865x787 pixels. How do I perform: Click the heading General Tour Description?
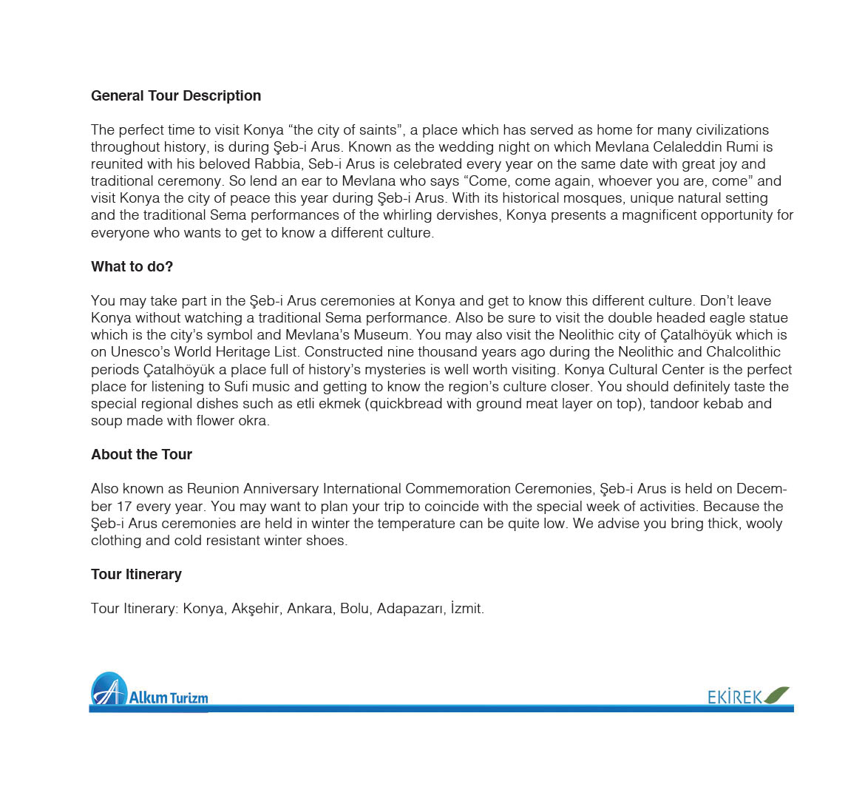click(176, 96)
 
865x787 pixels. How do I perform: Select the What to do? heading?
click(132, 267)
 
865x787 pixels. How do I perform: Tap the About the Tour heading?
click(141, 455)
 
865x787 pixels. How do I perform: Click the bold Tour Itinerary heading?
click(136, 575)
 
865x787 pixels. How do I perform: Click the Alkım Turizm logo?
click(149, 692)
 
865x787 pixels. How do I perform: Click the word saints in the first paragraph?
click(378, 130)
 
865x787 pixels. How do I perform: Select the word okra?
click(251, 421)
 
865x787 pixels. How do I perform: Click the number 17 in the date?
click(125, 507)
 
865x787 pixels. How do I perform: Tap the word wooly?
click(764, 524)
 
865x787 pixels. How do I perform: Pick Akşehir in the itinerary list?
click(255, 609)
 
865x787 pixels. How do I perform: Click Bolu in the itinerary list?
click(354, 609)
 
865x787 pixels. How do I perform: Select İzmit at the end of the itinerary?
click(466, 609)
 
